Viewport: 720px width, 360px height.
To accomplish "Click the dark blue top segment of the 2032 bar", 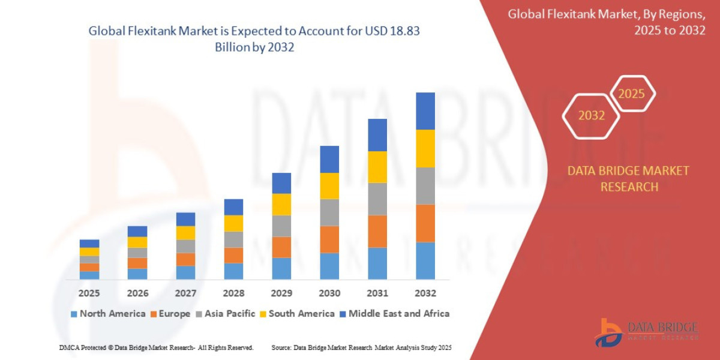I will point(425,111).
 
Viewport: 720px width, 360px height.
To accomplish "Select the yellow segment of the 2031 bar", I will point(377,167).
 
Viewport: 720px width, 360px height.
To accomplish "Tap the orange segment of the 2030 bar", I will point(329,239).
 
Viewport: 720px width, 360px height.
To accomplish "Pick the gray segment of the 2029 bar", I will point(281,226).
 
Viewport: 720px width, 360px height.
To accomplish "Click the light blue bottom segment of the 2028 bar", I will point(233,271).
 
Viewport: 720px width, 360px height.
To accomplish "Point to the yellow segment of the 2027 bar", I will point(185,233).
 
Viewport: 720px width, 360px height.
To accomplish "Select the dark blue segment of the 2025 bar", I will point(89,244).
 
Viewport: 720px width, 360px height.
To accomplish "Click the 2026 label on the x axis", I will point(137,293).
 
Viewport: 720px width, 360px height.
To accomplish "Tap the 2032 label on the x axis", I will point(425,293).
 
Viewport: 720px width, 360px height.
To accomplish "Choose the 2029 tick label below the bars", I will point(281,293).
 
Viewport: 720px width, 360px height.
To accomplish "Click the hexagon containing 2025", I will point(631,94).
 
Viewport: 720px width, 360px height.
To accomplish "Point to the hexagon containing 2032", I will point(591,116).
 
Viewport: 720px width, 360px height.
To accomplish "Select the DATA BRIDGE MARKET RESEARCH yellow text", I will point(628,179).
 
